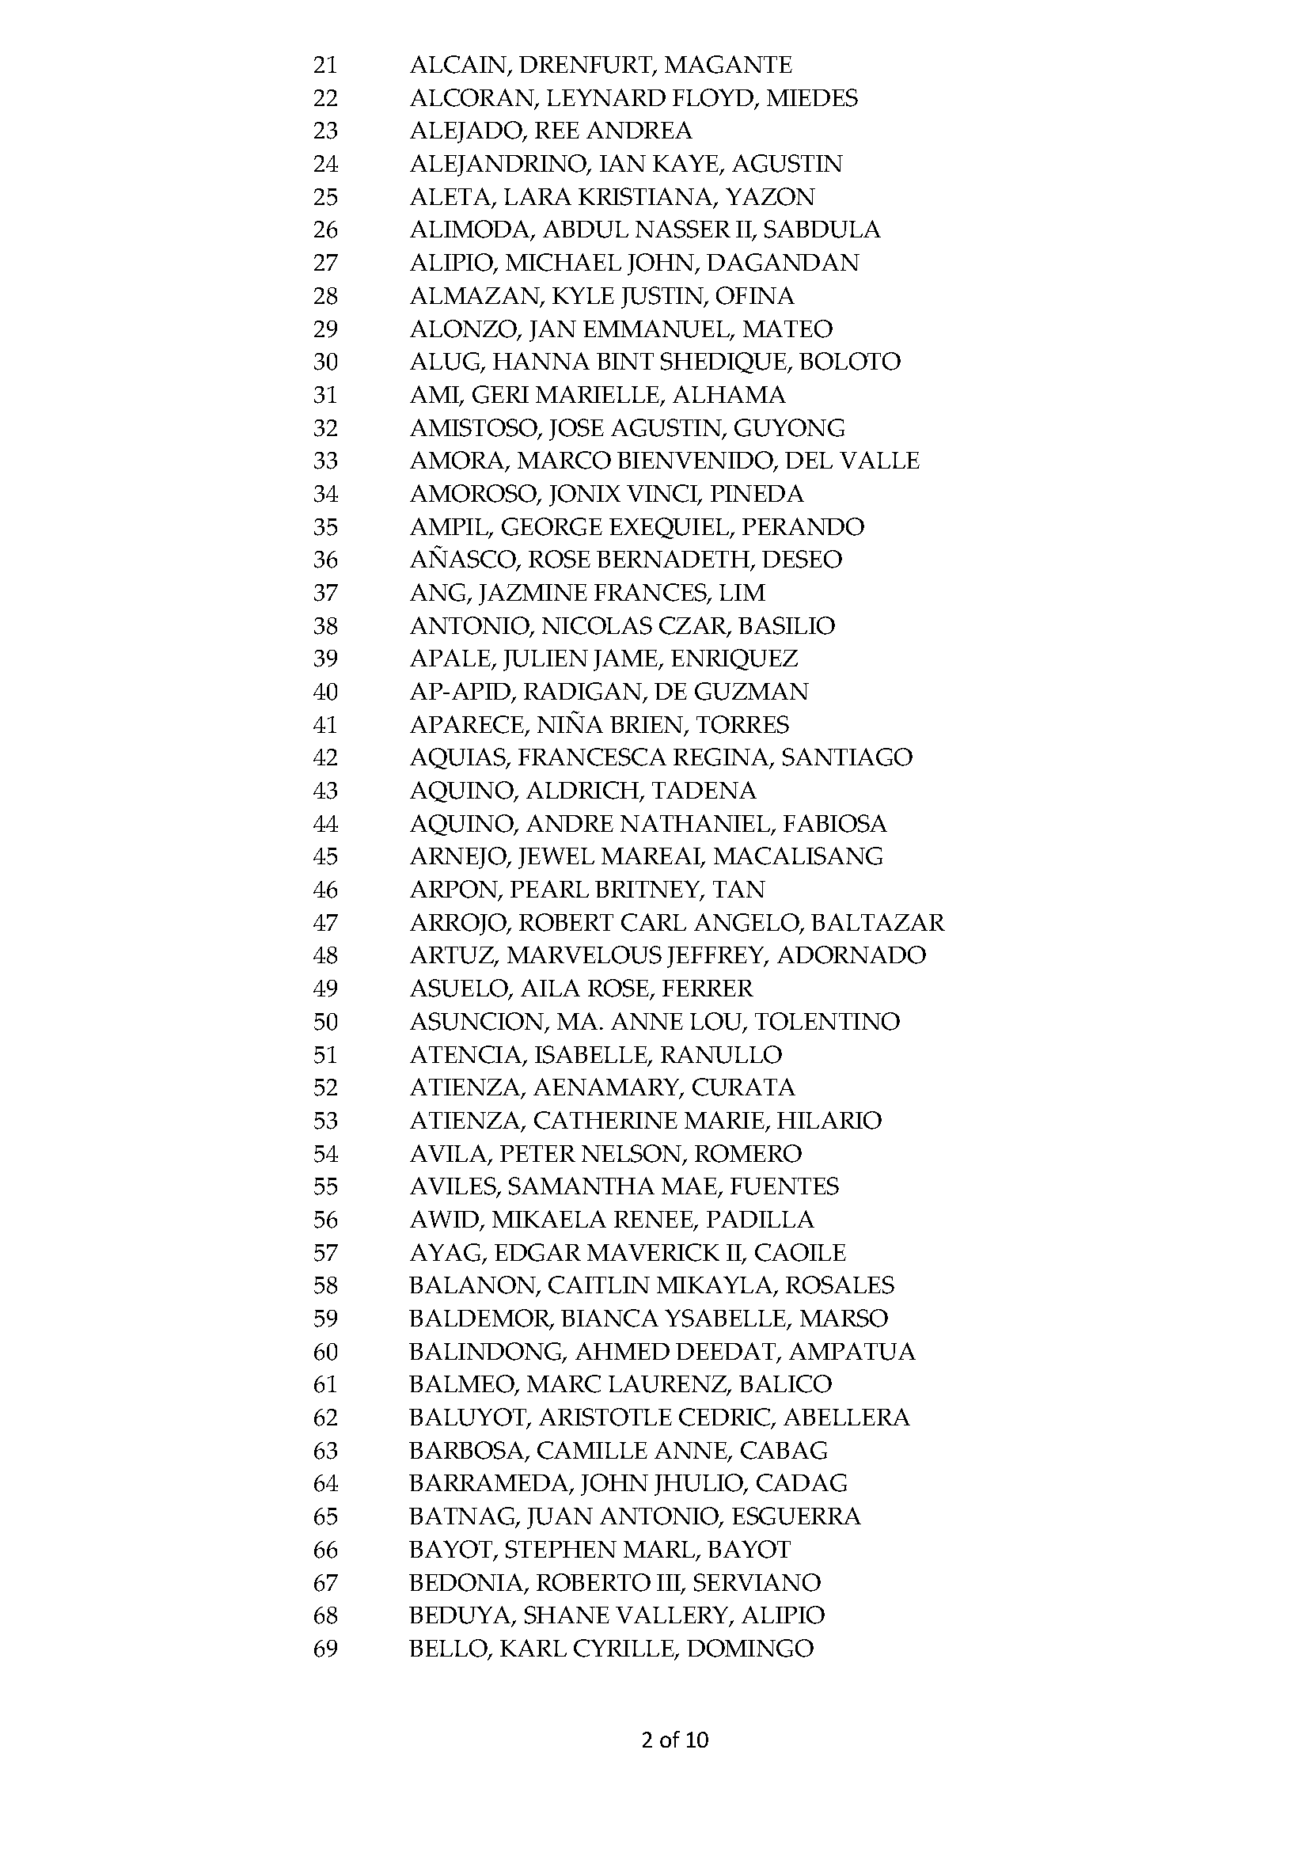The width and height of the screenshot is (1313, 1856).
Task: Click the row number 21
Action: (x=325, y=65)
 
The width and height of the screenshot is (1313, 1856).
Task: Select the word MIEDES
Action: (x=812, y=98)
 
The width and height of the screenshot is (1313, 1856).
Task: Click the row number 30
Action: (x=325, y=362)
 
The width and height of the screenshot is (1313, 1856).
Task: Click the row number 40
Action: (x=325, y=692)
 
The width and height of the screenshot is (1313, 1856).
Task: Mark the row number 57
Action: (x=325, y=1253)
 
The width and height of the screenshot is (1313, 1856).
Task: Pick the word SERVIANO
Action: (x=756, y=1583)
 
